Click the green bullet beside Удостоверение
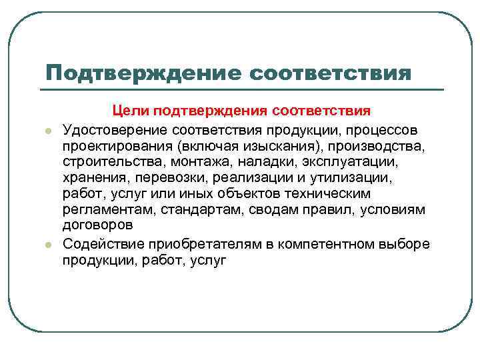49,129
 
